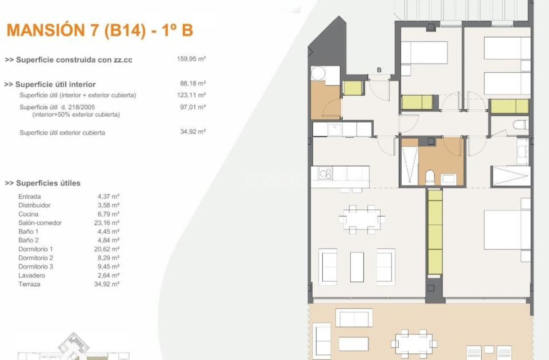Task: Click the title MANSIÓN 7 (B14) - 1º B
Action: coord(100,30)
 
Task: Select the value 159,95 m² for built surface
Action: coord(191,59)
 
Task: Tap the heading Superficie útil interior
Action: coord(50,85)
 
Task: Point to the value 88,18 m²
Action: coord(193,83)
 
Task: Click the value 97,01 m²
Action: coord(193,107)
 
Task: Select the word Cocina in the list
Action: coord(28,214)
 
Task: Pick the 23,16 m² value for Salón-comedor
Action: coord(106,223)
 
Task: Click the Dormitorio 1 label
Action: coord(35,249)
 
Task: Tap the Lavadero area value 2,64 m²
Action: coord(108,275)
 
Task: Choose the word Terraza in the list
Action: coord(29,284)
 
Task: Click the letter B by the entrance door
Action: coord(379,70)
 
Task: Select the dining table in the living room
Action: coord(362,219)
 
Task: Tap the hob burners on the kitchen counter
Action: coord(326,174)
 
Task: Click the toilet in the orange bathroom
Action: coord(430,177)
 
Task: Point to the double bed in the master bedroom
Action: coord(507,230)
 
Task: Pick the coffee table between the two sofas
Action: coord(357,267)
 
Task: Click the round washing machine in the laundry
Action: coord(318,73)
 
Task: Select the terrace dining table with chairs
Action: coord(414,344)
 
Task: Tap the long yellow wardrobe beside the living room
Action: coord(435,233)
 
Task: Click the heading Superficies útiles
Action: coord(43,183)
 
